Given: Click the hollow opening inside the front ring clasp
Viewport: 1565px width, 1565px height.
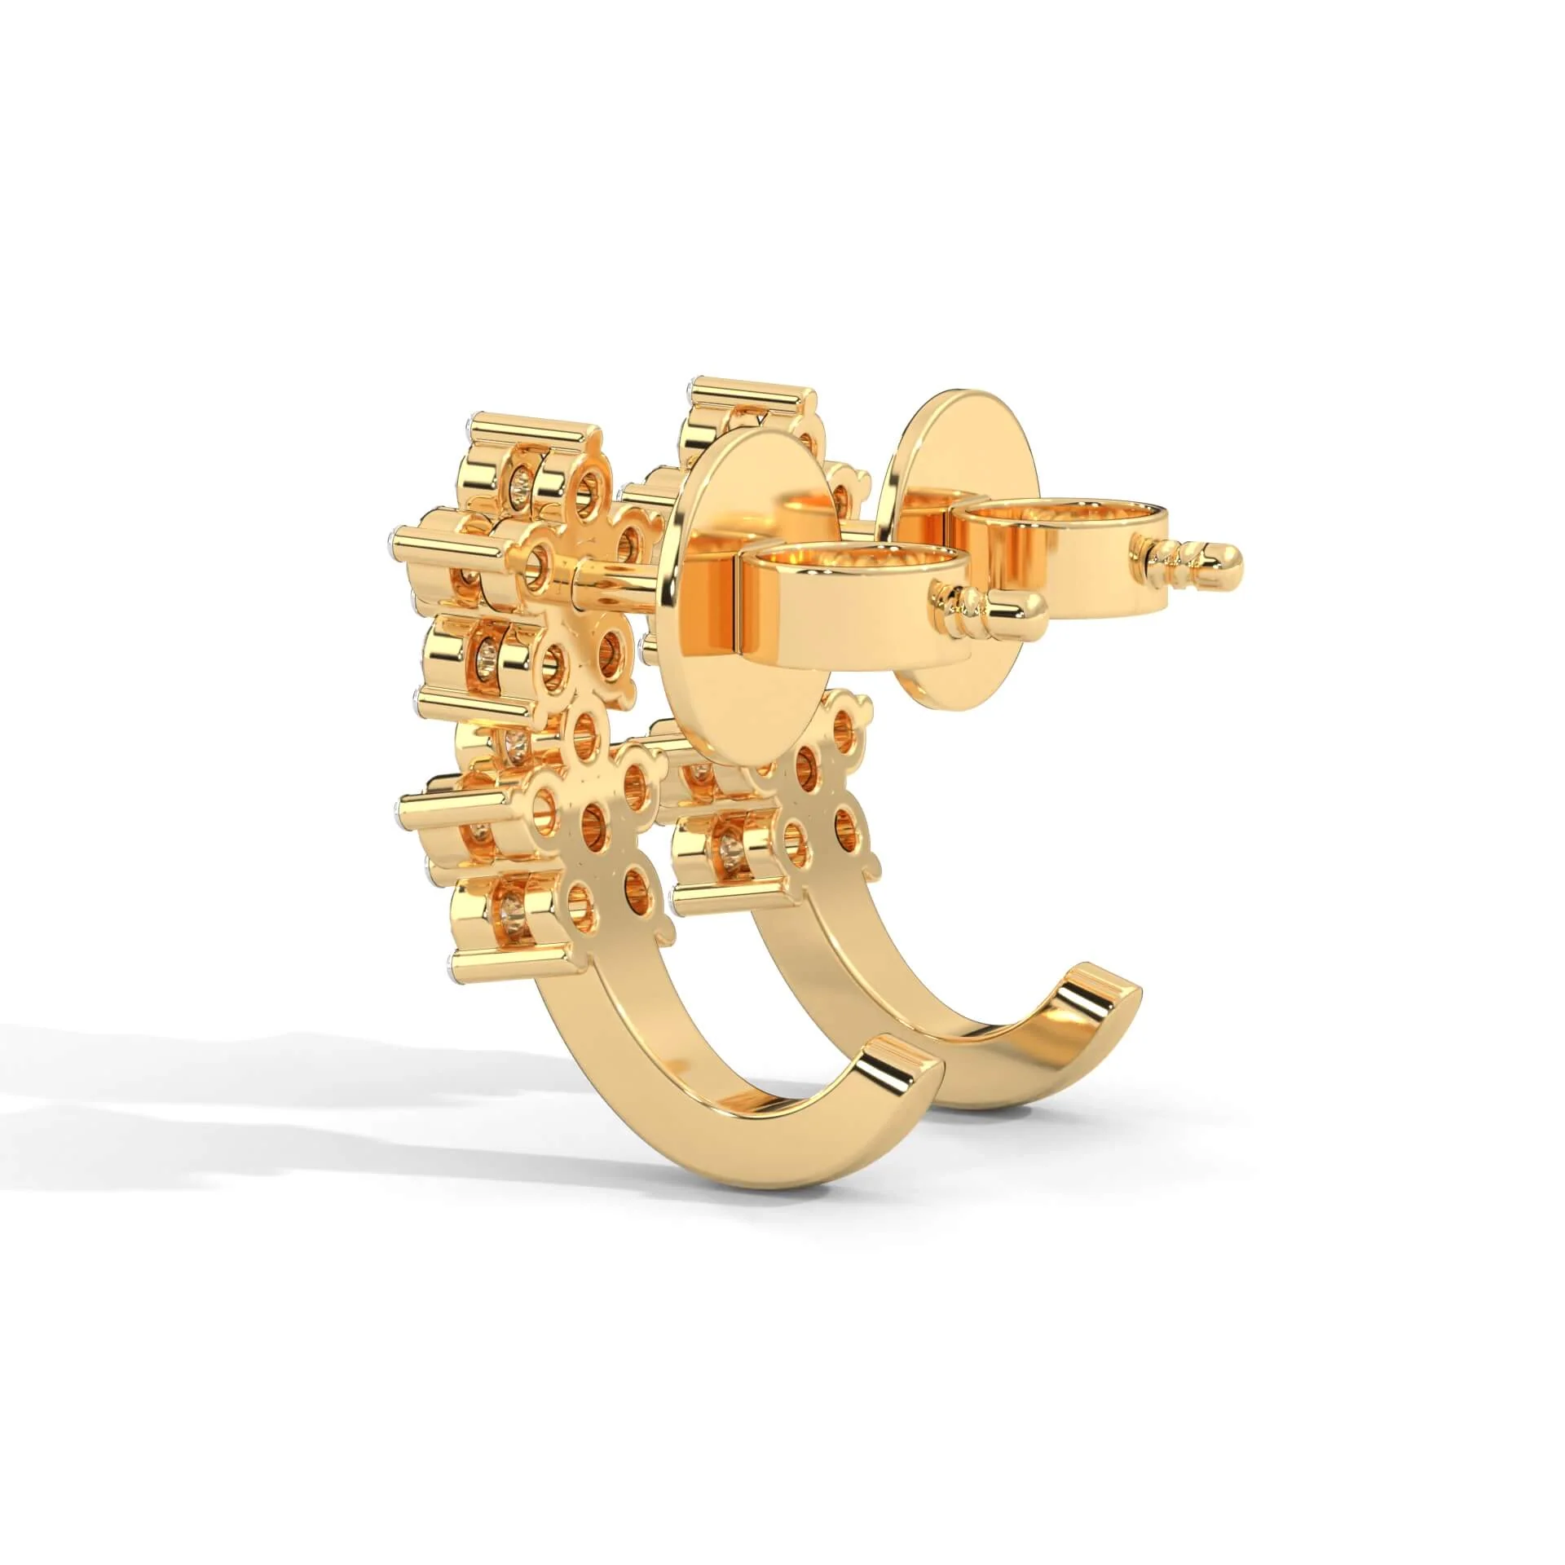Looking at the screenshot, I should pyautogui.click(x=856, y=562).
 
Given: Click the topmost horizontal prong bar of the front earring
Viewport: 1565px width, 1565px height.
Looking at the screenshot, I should pyautogui.click(x=530, y=436).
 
